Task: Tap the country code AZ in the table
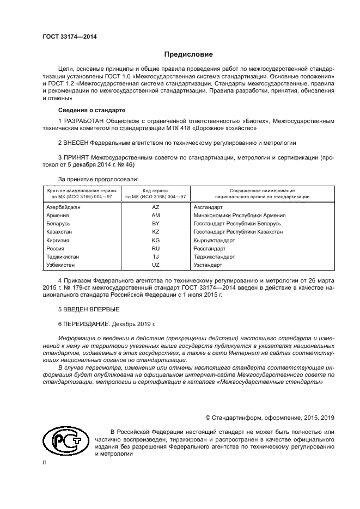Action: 155,207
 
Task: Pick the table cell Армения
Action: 58,216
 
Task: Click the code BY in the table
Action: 155,224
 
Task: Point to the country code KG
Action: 155,240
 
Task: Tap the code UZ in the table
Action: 155,265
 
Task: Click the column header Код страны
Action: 155,191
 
